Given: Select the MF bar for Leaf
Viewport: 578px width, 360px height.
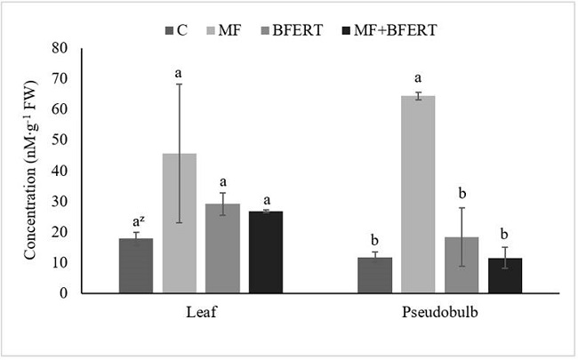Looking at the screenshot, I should tap(179, 223).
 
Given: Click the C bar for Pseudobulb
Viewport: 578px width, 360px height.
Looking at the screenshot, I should tap(374, 275).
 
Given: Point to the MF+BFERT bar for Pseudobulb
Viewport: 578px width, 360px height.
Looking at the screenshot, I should tap(505, 276).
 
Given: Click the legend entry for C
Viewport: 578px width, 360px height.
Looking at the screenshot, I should tap(175, 29).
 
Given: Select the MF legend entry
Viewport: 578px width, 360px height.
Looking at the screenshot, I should tap(231, 29).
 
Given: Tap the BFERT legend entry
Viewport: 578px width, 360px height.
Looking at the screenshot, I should tap(302, 29).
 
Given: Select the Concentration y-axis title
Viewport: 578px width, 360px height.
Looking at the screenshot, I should tap(30, 171).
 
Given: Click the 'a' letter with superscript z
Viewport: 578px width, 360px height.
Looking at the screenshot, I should tap(136, 220).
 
